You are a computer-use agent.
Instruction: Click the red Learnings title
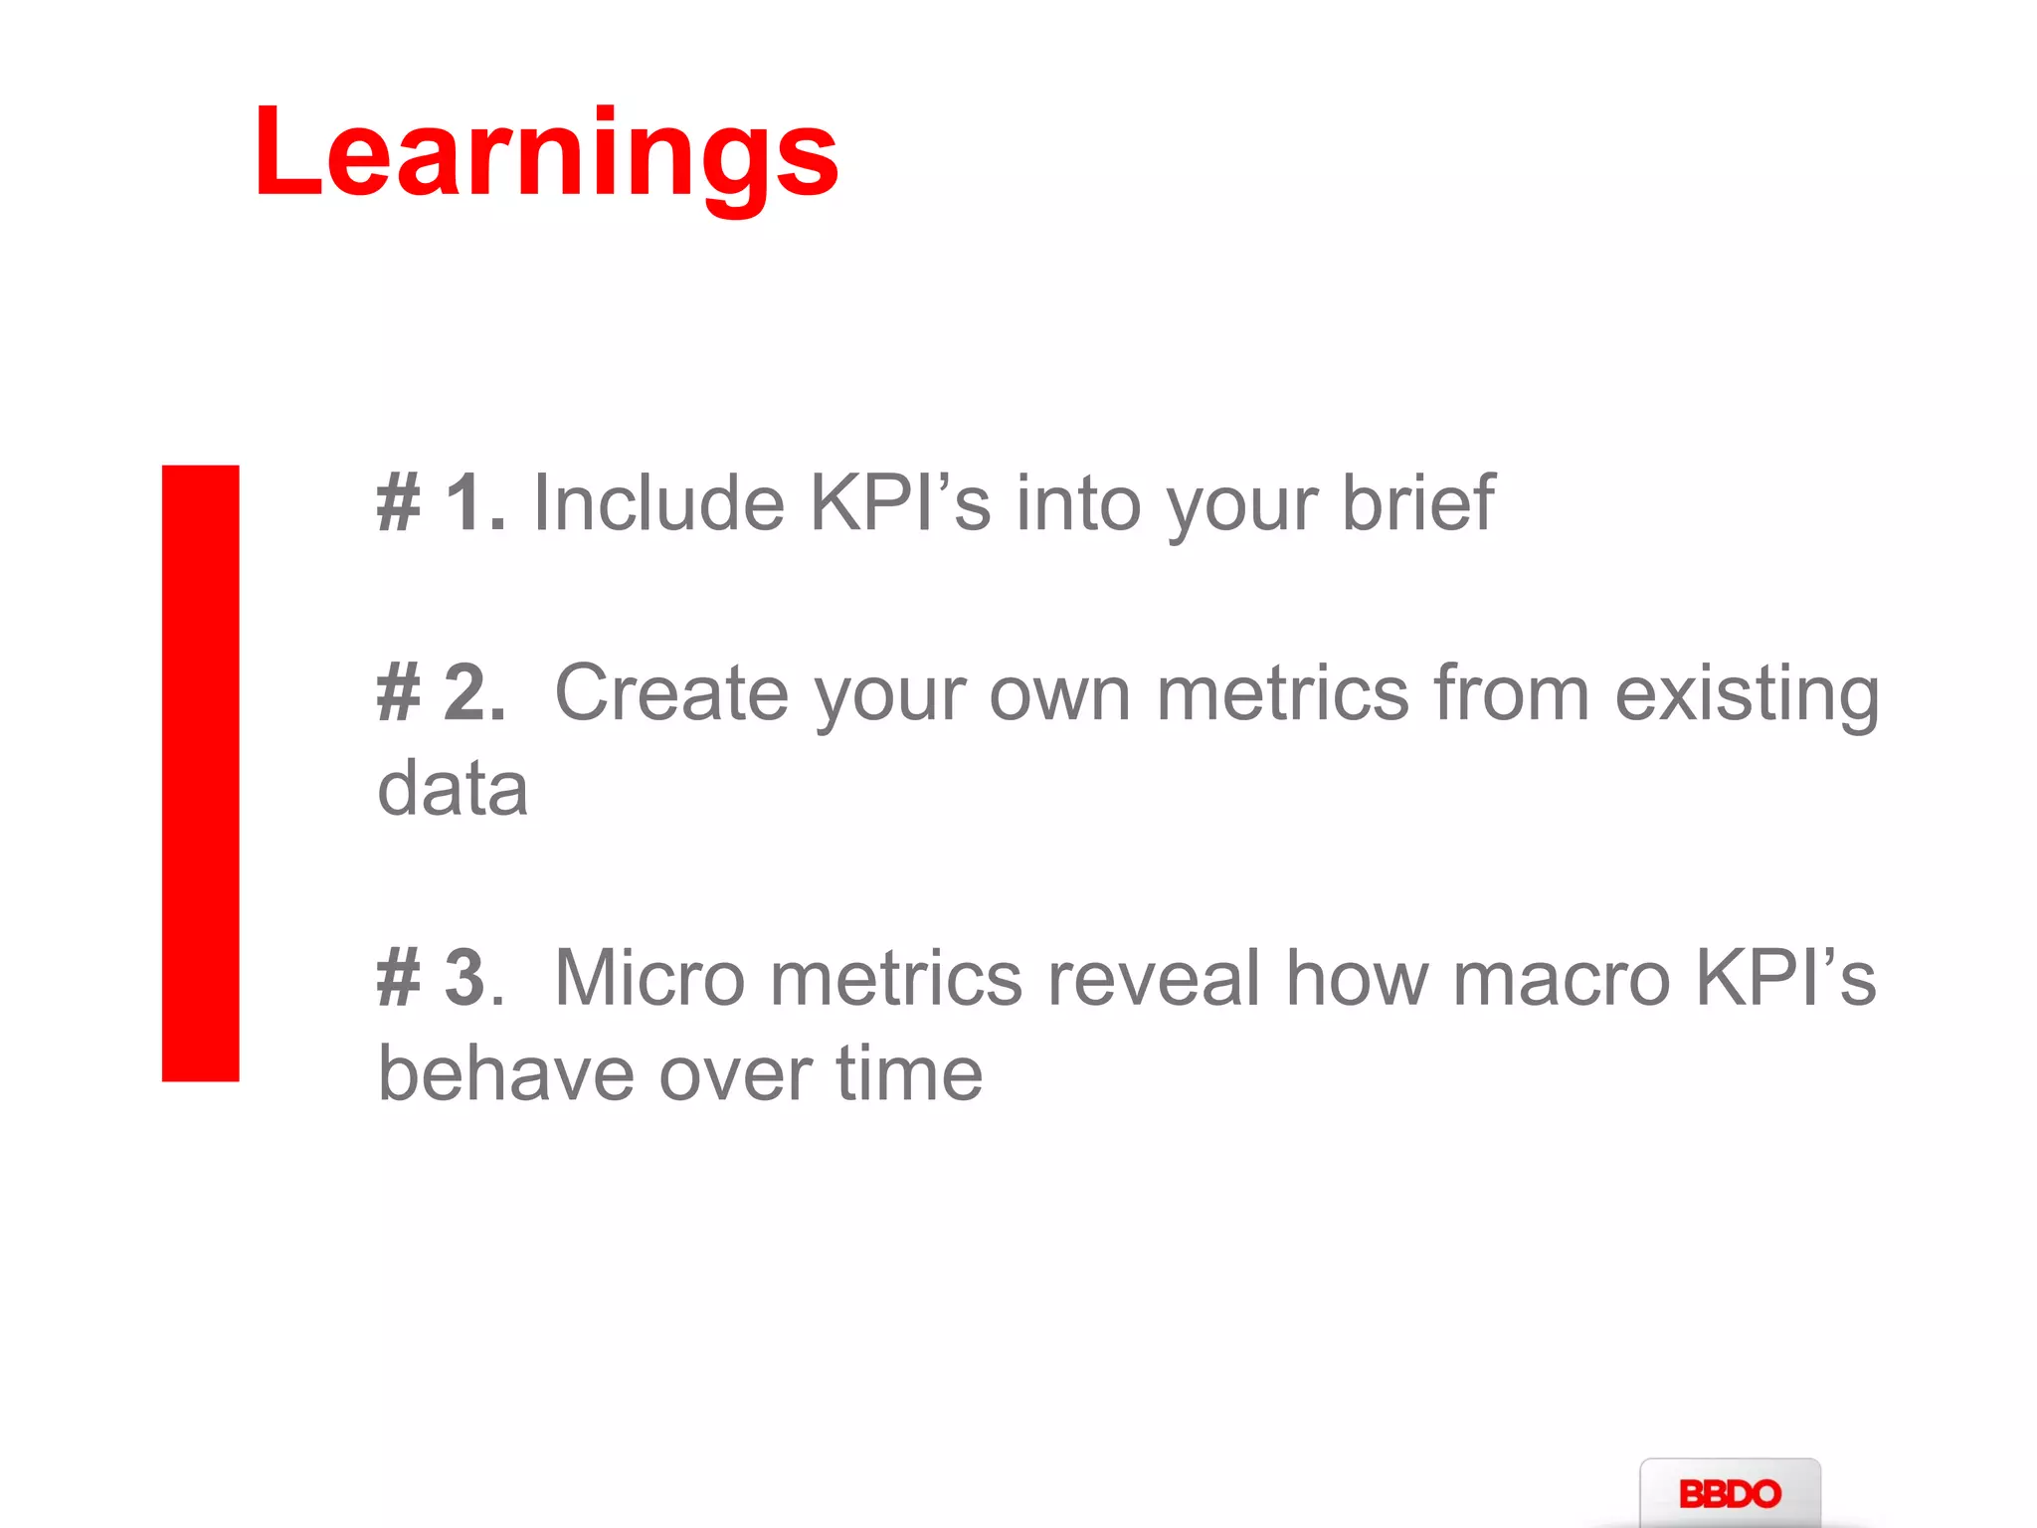(x=546, y=154)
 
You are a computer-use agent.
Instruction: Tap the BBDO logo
(x=1730, y=1493)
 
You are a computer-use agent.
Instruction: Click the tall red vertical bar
(x=201, y=773)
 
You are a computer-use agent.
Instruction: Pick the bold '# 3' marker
(x=434, y=979)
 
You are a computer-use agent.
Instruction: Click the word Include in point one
(x=658, y=503)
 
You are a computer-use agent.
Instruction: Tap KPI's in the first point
(x=900, y=503)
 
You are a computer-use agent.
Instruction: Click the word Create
(x=671, y=693)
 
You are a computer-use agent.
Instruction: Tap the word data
(x=453, y=789)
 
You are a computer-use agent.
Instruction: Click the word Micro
(x=648, y=979)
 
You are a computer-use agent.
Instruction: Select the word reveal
(x=1154, y=979)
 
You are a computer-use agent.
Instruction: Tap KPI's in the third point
(x=1785, y=979)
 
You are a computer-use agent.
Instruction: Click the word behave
(x=506, y=1074)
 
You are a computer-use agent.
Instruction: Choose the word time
(x=909, y=1074)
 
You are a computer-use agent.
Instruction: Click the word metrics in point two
(x=1282, y=693)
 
